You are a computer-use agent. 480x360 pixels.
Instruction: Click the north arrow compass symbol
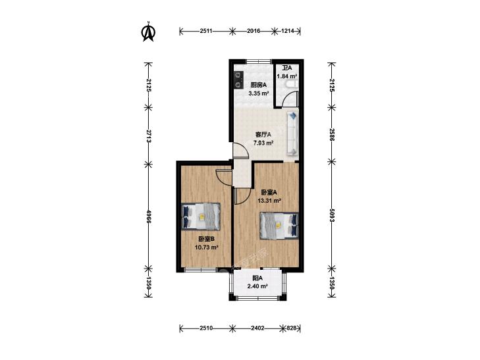click(x=148, y=32)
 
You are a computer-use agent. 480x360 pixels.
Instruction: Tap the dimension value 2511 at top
click(x=206, y=31)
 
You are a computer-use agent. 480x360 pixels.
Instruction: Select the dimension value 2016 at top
click(x=253, y=31)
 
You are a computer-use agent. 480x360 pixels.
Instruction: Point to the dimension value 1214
click(x=288, y=31)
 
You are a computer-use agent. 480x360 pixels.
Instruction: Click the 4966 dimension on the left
click(x=148, y=217)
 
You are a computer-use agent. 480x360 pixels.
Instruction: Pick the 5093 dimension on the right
click(x=332, y=216)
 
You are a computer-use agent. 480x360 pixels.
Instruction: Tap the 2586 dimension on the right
click(x=332, y=134)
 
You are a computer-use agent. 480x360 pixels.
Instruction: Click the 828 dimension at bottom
click(x=292, y=328)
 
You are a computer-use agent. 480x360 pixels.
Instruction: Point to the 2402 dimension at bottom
click(x=257, y=328)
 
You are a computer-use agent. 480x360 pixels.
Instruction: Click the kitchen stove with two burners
click(x=238, y=80)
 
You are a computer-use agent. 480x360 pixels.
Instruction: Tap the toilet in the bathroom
click(x=291, y=85)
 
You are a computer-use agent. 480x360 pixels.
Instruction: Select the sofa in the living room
click(x=292, y=134)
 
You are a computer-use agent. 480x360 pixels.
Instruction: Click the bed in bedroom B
click(x=201, y=217)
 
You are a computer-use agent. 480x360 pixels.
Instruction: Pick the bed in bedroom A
click(x=279, y=226)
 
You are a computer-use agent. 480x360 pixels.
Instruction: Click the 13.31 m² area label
click(x=269, y=201)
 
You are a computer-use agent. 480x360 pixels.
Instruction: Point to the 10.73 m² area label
click(x=206, y=247)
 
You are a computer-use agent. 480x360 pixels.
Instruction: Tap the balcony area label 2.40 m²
click(x=257, y=286)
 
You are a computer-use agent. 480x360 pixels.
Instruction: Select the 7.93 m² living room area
click(x=263, y=143)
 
